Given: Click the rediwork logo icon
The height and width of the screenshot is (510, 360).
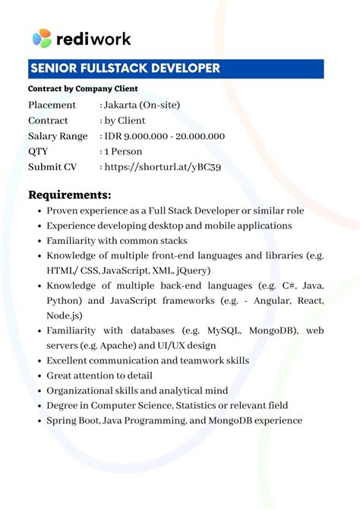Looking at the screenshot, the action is pos(42,38).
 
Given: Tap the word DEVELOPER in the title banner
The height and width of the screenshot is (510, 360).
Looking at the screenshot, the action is pos(182,68).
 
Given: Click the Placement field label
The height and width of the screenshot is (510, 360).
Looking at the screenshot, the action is pos(52,105).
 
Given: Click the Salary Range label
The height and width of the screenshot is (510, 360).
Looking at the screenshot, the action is pos(58,136).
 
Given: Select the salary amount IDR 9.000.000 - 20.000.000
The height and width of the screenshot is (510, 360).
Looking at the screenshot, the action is pos(164,136).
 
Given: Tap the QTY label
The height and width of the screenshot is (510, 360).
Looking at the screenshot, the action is pos(38,151).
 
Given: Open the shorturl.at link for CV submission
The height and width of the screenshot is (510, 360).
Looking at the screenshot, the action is pos(163,167).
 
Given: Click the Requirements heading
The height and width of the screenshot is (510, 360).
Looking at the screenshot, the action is pos(70,194).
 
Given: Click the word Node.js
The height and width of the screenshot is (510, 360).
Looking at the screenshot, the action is pos(65,315).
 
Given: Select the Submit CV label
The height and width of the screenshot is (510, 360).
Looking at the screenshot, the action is pos(52,167).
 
